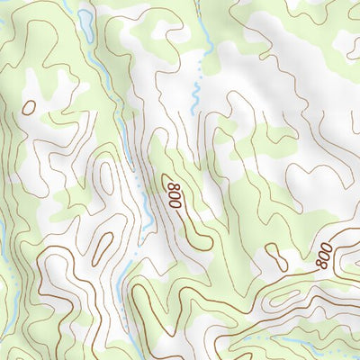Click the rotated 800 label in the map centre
click(174, 195)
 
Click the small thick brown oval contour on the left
click(29, 106)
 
